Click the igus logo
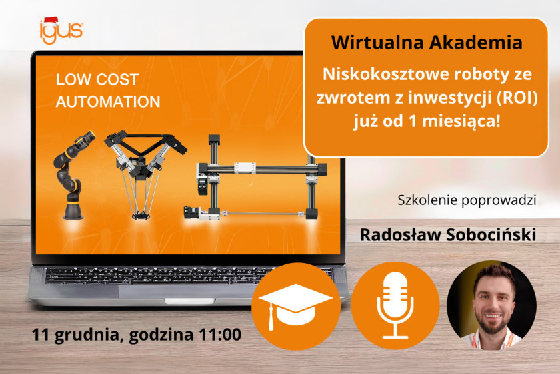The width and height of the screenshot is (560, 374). (61, 31)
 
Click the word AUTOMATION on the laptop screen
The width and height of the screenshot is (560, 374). (108, 102)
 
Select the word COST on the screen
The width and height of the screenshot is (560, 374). (117, 79)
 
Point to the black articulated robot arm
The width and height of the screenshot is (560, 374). (73, 175)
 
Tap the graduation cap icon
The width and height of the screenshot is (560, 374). (295, 305)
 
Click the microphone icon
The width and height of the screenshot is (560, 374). (395, 305)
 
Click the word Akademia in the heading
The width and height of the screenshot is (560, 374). (475, 43)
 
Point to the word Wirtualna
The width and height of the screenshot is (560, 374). (378, 43)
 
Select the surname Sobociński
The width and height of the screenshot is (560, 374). (491, 235)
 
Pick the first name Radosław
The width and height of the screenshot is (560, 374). (401, 235)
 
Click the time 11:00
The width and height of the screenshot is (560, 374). (220, 335)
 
